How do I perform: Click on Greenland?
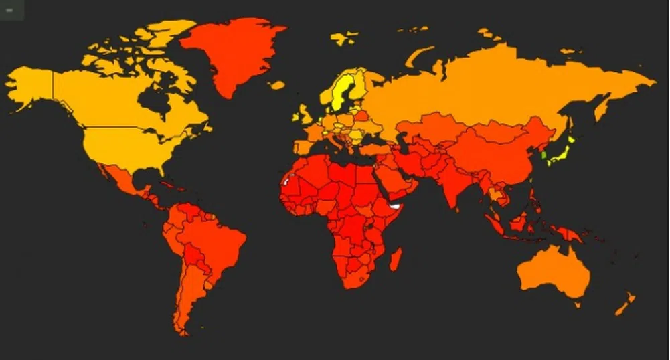coord(231,50)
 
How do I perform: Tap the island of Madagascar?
coord(396,259)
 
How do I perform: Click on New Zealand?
coord(625,304)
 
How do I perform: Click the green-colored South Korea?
coord(544,156)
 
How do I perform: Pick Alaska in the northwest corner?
coord(30,84)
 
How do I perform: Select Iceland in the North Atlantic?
coord(276,85)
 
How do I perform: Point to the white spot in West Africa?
coord(286,181)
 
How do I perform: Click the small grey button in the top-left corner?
coord(9,9)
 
